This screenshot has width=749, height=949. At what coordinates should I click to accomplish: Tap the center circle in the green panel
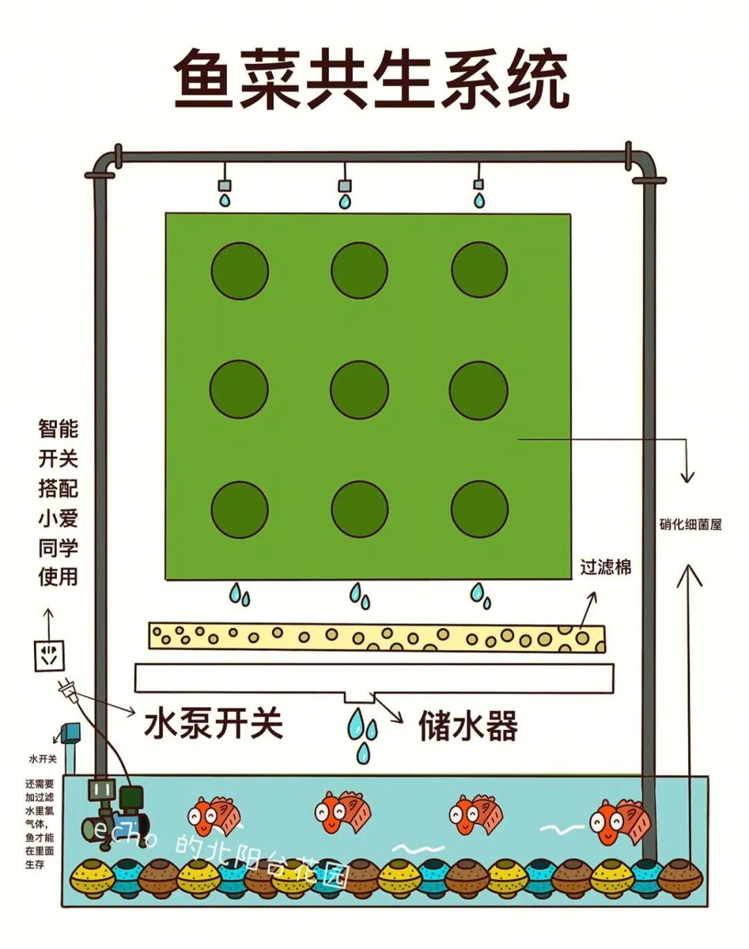[359, 390]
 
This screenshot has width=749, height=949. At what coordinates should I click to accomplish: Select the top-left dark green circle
[239, 270]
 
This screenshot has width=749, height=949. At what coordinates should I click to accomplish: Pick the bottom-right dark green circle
[479, 508]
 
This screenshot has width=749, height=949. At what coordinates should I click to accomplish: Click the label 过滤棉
[605, 568]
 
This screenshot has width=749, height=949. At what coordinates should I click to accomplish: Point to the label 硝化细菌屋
[690, 525]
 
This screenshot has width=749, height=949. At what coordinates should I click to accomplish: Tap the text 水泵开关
[214, 724]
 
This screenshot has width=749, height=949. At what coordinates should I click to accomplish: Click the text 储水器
[468, 726]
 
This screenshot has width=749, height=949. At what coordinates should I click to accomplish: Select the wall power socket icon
[49, 655]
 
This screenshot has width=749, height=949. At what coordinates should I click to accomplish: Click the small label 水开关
[42, 759]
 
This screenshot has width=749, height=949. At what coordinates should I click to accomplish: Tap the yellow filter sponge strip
[377, 637]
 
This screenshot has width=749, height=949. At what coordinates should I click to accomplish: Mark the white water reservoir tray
[374, 679]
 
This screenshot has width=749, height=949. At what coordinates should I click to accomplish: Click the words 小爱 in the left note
[58, 518]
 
